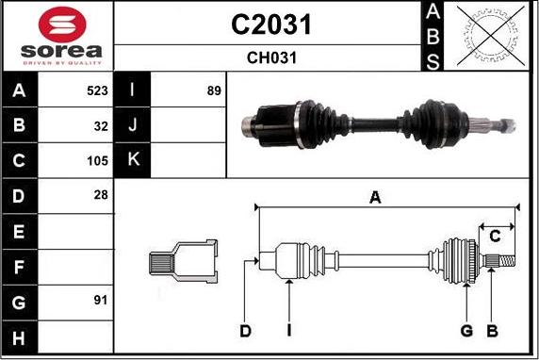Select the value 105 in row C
(x=97, y=160)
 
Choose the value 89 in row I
(x=213, y=90)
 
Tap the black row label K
(x=132, y=160)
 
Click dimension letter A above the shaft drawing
(x=375, y=197)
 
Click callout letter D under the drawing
(x=245, y=330)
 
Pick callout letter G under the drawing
(x=465, y=330)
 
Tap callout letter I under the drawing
(x=289, y=330)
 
